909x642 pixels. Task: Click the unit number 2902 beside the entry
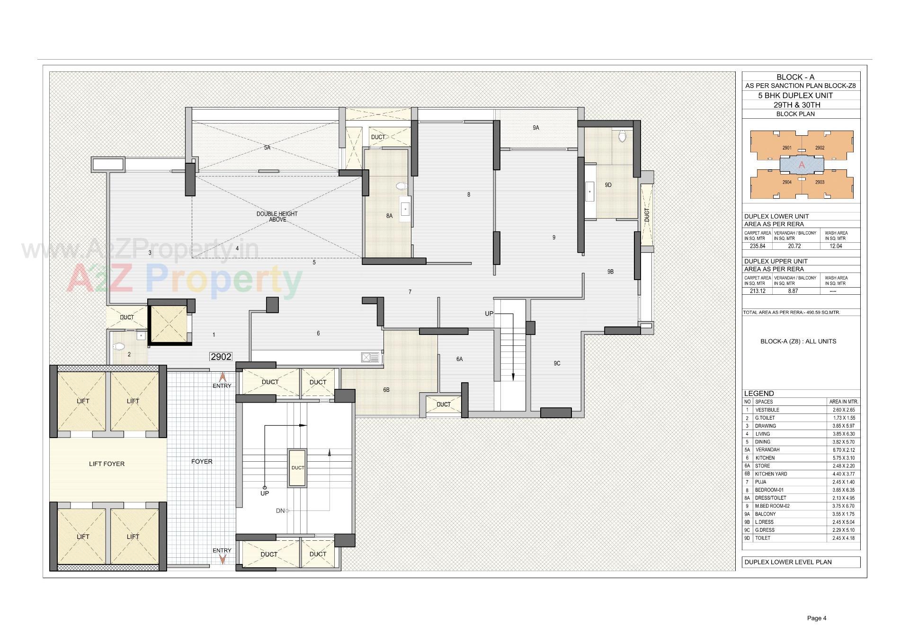point(221,357)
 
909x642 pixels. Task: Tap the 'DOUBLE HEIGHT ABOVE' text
point(277,217)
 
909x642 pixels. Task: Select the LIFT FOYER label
point(107,464)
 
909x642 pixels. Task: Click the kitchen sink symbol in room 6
point(367,358)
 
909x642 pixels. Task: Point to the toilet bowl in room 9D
point(622,137)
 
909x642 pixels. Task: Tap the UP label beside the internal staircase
point(489,314)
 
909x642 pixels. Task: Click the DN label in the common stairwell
point(280,511)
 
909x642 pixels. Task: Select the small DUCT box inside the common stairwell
point(297,467)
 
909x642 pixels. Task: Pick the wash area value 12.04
point(836,246)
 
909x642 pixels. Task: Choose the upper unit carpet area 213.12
point(757,291)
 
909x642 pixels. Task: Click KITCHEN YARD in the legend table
point(771,474)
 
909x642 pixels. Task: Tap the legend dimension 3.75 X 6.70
point(843,506)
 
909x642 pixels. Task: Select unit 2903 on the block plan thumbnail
point(820,182)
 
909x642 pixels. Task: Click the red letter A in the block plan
point(802,165)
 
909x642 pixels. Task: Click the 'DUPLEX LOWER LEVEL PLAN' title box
point(788,562)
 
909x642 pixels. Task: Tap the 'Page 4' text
point(816,618)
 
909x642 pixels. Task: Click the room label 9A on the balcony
point(535,128)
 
